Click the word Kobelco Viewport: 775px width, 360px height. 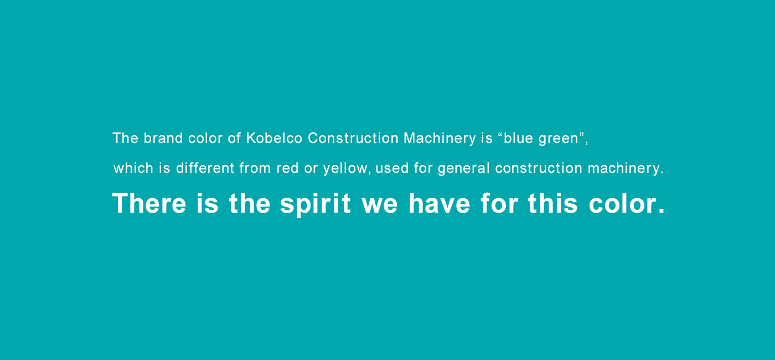(274, 138)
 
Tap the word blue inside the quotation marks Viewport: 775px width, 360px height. (518, 138)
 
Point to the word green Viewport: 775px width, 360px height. (559, 140)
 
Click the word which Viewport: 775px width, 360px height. (133, 168)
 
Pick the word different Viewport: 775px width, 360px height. (205, 168)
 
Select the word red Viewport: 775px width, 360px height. (287, 168)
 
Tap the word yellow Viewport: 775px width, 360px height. (345, 169)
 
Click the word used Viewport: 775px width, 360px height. (392, 168)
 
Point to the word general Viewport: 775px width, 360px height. (464, 169)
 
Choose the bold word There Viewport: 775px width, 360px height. (149, 203)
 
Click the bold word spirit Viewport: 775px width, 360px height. (315, 204)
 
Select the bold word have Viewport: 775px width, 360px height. (439, 203)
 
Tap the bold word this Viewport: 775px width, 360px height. (552, 203)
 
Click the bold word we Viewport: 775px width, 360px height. (380, 206)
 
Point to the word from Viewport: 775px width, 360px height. (255, 168)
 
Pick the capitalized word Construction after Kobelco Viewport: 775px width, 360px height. (353, 138)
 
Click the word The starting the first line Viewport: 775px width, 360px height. (125, 138)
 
